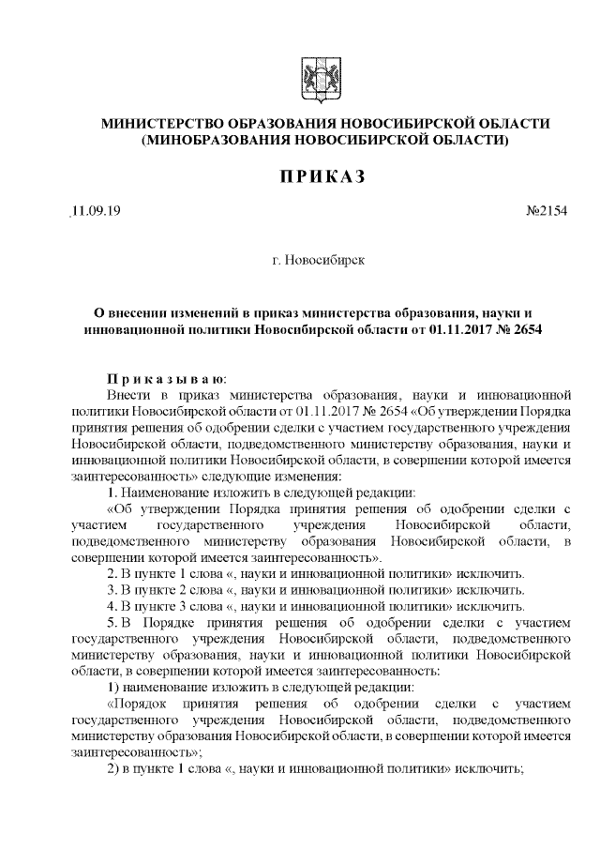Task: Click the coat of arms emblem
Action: point(311,76)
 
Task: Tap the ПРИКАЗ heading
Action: point(310,178)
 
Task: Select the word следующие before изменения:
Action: point(260,476)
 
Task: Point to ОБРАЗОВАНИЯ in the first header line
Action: point(280,125)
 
